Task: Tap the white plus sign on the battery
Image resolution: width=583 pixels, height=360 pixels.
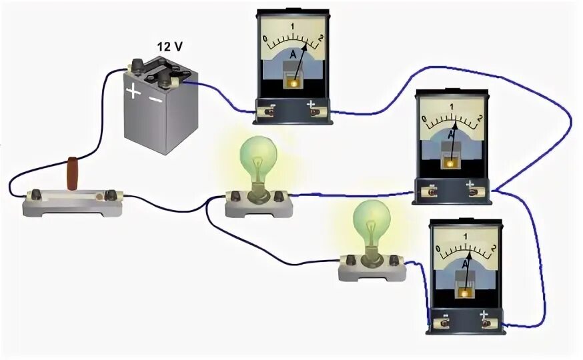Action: click(x=135, y=91)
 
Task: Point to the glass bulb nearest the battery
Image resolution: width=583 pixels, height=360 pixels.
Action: click(x=257, y=157)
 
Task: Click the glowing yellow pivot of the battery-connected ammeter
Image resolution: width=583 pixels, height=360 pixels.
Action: click(x=291, y=78)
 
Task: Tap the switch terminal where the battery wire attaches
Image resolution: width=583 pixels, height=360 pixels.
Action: click(x=33, y=195)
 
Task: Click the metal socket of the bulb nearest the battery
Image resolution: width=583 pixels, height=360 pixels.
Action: click(x=257, y=192)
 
